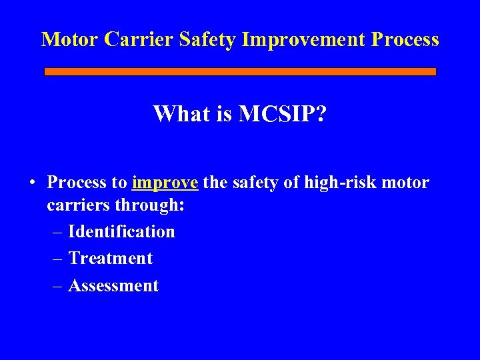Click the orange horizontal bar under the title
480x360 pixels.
[x=240, y=71]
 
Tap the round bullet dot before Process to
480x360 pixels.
[x=32, y=183]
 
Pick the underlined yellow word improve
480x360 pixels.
[x=165, y=183]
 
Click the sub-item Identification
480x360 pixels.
[x=121, y=231]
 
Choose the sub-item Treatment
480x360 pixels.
[x=111, y=258]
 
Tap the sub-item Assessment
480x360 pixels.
[x=113, y=285]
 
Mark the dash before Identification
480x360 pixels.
[x=57, y=232]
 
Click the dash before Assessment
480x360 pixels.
[x=57, y=286]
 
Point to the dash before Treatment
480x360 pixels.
[x=57, y=259]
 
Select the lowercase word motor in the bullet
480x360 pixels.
[x=406, y=183]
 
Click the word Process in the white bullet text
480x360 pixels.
[x=75, y=183]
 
